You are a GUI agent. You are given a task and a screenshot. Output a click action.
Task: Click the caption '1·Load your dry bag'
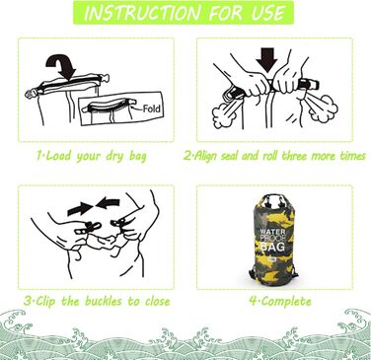tap(92, 156)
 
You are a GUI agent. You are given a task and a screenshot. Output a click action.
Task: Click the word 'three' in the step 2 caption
tap(315, 156)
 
